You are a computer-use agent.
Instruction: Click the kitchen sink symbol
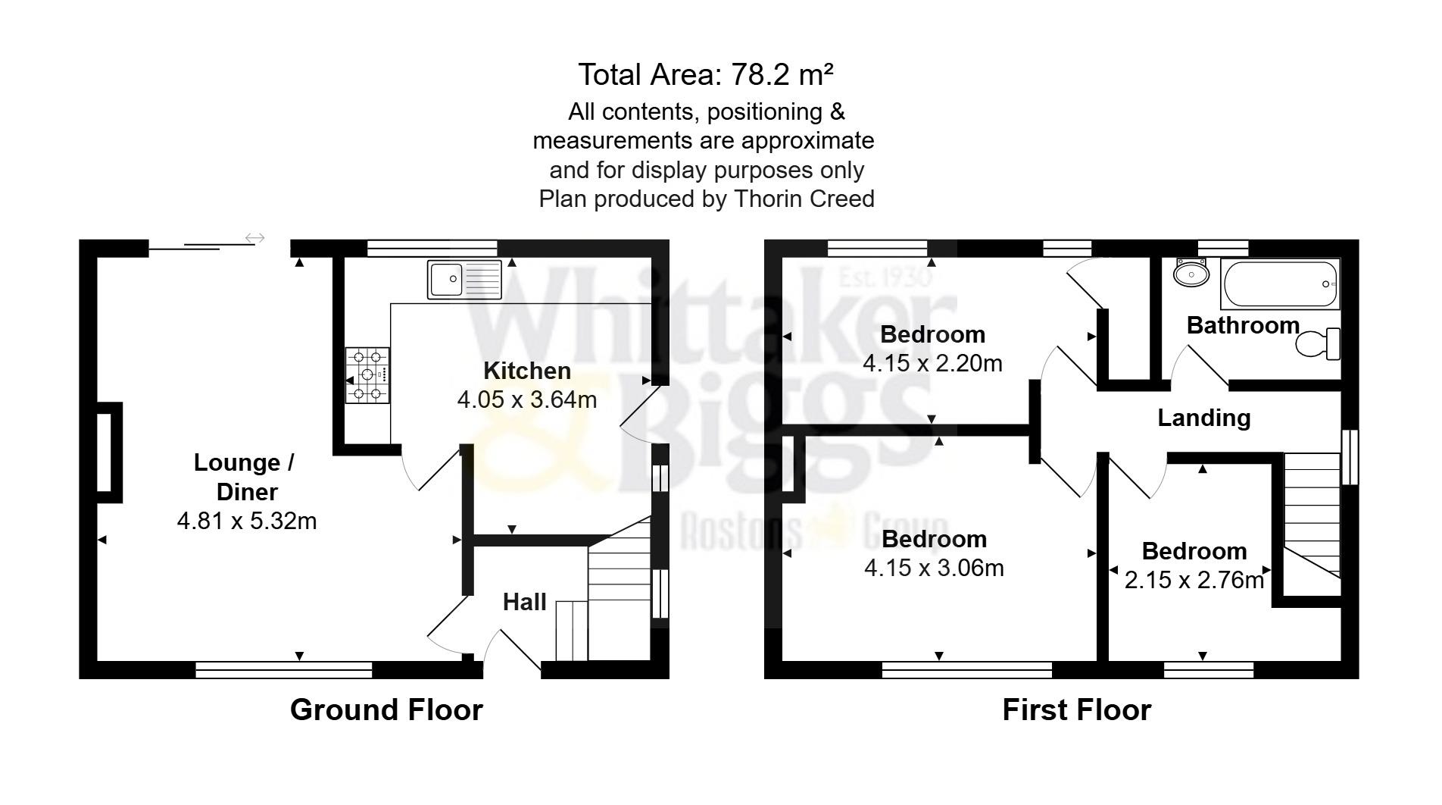[x=464, y=279]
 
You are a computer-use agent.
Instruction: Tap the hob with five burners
[x=367, y=374]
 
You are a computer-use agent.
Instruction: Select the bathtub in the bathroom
[x=1280, y=284]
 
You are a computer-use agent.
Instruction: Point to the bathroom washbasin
[x=1191, y=272]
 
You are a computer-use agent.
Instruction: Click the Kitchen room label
[x=527, y=371]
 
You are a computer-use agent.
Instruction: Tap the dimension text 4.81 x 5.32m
[x=247, y=521]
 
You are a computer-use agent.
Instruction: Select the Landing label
[x=1203, y=418]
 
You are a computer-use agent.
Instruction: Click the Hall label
[x=524, y=602]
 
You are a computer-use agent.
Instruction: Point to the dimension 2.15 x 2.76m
[x=1194, y=580]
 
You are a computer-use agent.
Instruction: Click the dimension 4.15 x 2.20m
[x=932, y=363]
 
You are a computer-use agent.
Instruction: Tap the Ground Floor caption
[x=386, y=709]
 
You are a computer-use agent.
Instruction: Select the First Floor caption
[x=1076, y=709]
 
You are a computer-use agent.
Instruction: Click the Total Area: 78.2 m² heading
[x=706, y=75]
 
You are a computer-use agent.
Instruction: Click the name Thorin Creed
[x=804, y=199]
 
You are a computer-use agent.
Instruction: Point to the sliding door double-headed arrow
[x=255, y=239]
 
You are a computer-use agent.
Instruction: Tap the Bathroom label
[x=1243, y=325]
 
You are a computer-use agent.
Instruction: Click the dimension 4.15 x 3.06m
[x=934, y=568]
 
